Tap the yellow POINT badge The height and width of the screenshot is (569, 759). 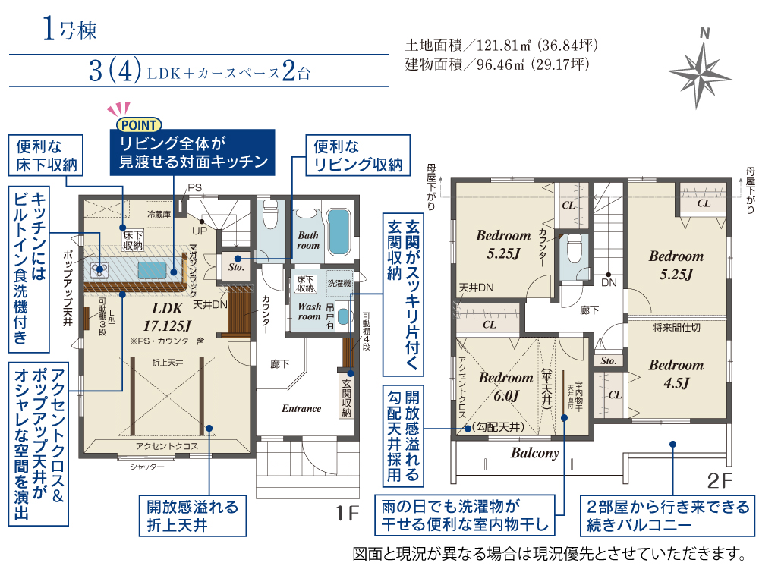[x=138, y=125]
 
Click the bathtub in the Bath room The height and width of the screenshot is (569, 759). [x=339, y=233]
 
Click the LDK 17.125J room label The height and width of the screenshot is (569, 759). [x=167, y=316]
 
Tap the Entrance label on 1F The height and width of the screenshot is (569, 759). [x=301, y=408]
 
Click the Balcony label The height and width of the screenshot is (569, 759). [x=534, y=454]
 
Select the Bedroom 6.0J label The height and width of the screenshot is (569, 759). [x=505, y=387]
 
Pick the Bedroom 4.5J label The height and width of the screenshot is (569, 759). [x=676, y=373]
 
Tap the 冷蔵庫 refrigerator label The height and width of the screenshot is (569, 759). [x=159, y=214]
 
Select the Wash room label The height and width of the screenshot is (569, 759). [x=310, y=311]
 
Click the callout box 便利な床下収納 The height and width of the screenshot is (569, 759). [x=46, y=155]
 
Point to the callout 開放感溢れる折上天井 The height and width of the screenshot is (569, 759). [x=193, y=516]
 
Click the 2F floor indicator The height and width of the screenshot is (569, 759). [x=720, y=480]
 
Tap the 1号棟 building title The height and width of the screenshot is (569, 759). [x=69, y=29]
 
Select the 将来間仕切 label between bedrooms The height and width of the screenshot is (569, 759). [x=676, y=328]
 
